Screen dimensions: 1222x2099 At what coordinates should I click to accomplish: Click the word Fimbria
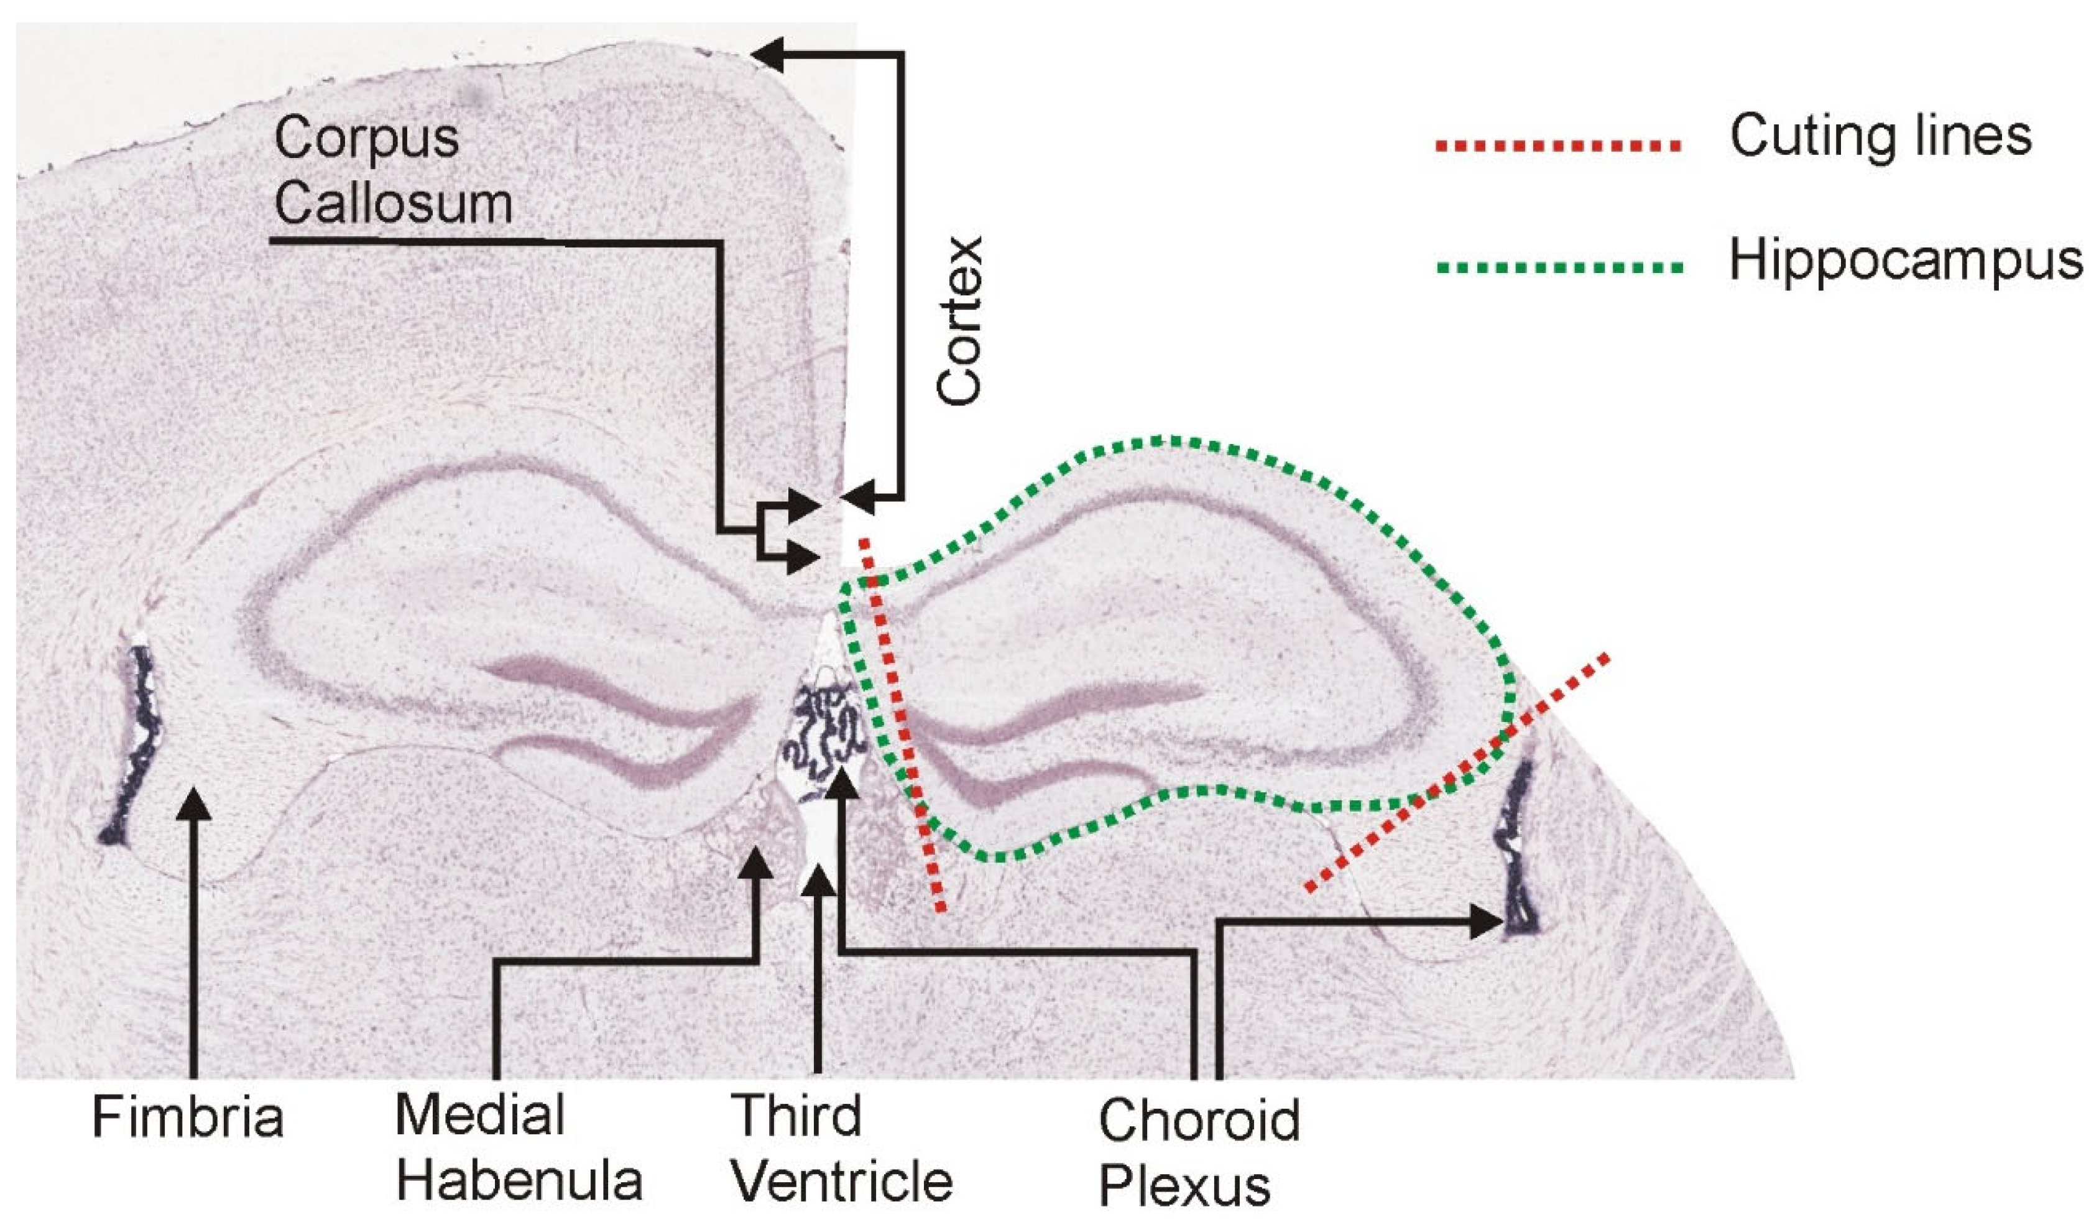point(187,1118)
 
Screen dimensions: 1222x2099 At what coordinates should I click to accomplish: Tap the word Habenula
point(519,1181)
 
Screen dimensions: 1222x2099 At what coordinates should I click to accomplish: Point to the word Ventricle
point(841,1181)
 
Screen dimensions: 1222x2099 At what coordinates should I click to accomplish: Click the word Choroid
point(1199,1121)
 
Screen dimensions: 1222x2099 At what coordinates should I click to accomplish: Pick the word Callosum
point(393,203)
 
